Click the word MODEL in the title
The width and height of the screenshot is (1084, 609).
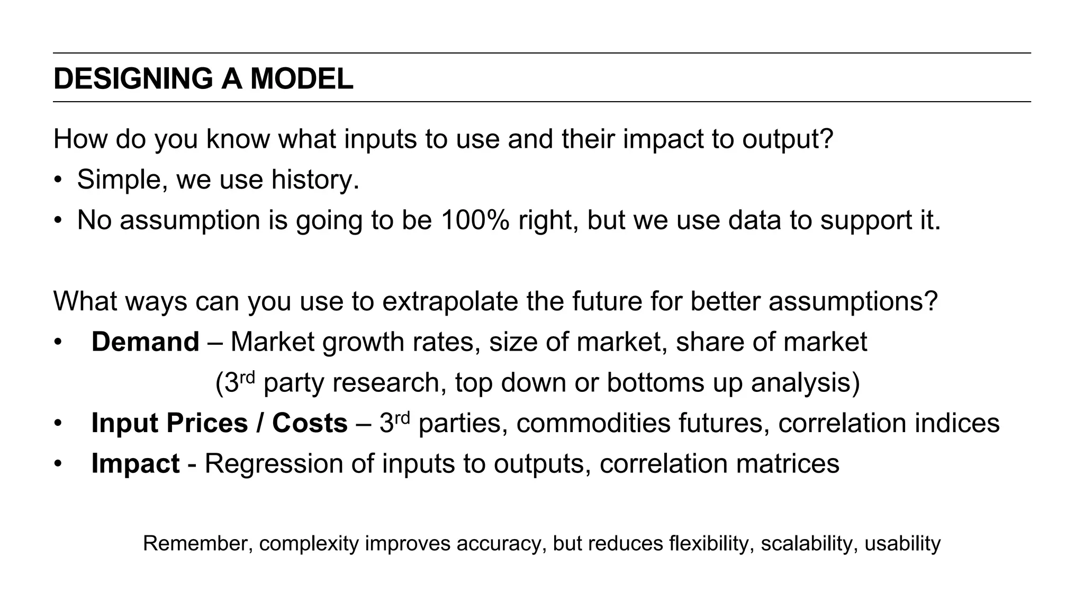[x=301, y=79]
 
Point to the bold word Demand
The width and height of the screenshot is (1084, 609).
[x=145, y=342]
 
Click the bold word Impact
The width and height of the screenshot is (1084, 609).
[x=135, y=463]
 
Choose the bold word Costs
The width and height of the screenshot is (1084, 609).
[x=310, y=423]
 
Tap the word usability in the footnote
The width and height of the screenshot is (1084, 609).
[x=902, y=544]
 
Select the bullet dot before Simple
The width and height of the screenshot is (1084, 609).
[x=58, y=181]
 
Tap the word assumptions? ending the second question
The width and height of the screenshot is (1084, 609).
[x=853, y=301]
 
